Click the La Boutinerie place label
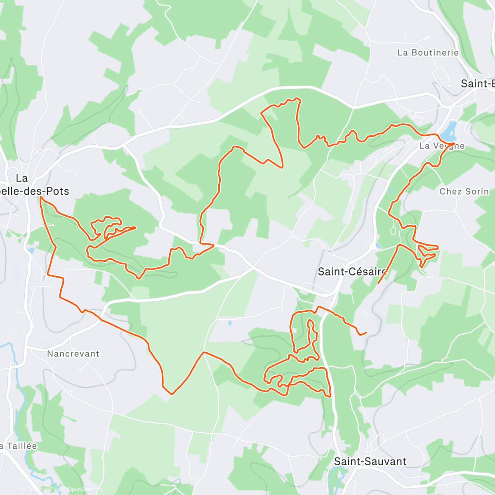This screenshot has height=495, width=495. [428, 52]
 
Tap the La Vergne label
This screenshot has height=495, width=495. [442, 146]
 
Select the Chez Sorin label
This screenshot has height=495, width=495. [464, 191]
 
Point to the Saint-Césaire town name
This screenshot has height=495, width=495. [352, 271]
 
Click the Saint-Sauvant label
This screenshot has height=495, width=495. [370, 461]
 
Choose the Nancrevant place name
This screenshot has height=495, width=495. [73, 354]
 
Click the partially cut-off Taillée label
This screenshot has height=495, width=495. [19, 446]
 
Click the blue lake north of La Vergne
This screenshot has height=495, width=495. [449, 131]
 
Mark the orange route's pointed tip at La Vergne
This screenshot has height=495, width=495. [454, 143]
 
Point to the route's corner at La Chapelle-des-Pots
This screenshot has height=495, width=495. [40, 198]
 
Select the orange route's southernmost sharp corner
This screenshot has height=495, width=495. [172, 394]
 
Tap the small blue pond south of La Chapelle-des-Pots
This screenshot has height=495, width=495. [31, 250]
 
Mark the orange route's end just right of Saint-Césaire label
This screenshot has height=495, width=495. [378, 283]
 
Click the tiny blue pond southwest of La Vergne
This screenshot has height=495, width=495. [390, 191]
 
